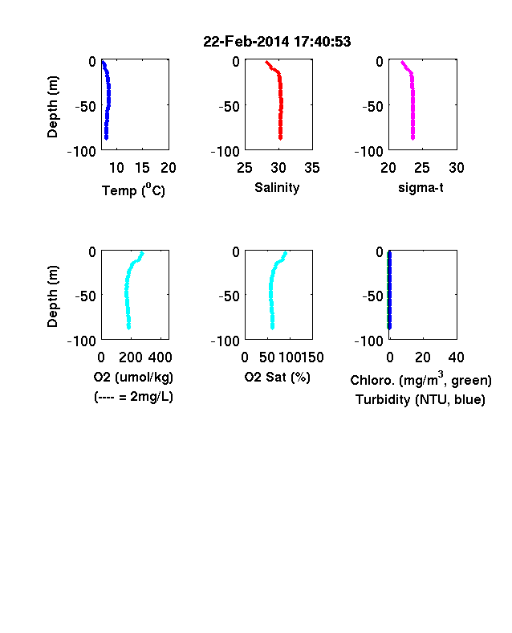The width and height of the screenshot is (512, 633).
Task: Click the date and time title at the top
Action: pyautogui.click(x=277, y=42)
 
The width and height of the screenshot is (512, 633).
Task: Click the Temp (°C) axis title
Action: pyautogui.click(x=133, y=190)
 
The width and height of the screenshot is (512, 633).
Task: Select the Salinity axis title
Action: pyautogui.click(x=277, y=188)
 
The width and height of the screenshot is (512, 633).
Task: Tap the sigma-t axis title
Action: pyautogui.click(x=421, y=188)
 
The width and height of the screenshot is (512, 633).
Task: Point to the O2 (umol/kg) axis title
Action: pyautogui.click(x=133, y=377)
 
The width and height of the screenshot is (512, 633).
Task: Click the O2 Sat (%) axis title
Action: pyautogui.click(x=278, y=377)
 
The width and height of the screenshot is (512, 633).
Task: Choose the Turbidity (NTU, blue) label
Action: pyautogui.click(x=421, y=400)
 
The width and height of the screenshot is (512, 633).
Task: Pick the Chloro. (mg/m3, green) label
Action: pyautogui.click(x=421, y=379)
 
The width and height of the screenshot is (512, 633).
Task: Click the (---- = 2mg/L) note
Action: pyautogui.click(x=133, y=397)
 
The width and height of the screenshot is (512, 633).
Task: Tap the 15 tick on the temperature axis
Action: pyautogui.click(x=142, y=168)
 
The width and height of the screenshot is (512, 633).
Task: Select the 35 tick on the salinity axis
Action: pyautogui.click(x=312, y=168)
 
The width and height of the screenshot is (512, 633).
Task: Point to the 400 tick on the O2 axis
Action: pyautogui.click(x=160, y=357)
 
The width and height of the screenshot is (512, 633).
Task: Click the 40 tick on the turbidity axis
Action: pyautogui.click(x=456, y=357)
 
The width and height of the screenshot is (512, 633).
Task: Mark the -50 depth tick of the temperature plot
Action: pyautogui.click(x=86, y=107)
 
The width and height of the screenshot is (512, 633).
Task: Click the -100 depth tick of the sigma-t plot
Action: pyautogui.click(x=368, y=152)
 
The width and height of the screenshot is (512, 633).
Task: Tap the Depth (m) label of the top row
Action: pyautogui.click(x=52, y=107)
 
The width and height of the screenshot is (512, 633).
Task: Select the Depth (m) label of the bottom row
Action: pyautogui.click(x=52, y=296)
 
